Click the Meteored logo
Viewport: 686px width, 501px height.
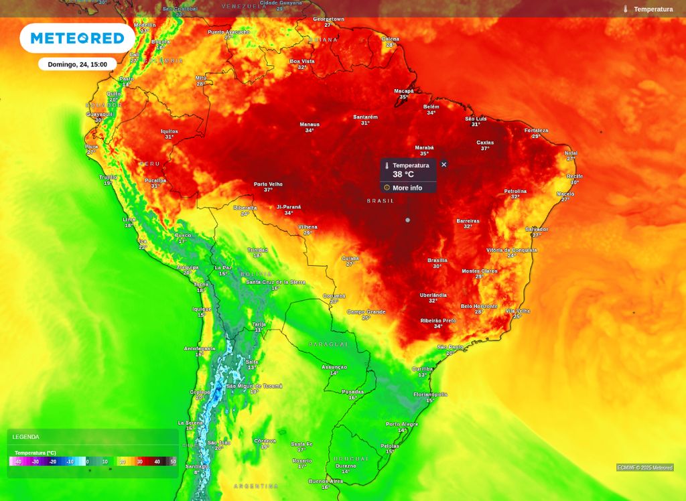coord(77,38)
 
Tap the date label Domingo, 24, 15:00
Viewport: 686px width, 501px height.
coord(77,64)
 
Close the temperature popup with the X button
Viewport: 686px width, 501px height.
coord(443,164)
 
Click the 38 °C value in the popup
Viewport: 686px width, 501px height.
coord(403,174)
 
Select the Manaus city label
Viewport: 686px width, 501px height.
coord(310,125)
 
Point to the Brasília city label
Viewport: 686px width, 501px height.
coord(437,260)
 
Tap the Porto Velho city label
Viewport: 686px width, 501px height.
coord(268,184)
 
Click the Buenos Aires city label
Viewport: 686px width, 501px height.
coord(326,481)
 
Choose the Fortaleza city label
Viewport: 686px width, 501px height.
coord(536,131)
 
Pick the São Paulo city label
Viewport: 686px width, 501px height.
coord(451,347)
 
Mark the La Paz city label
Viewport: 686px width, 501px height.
coord(223,268)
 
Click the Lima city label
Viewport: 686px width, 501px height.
coord(129,219)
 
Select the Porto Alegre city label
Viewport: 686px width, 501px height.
coord(402,424)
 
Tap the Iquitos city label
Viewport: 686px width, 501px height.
coord(169,131)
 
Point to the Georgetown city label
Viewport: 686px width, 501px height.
coord(328,19)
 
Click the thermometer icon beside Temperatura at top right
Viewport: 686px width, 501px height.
coord(626,9)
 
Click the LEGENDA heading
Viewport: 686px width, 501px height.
coord(26,437)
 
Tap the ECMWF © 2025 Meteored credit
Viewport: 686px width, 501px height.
coord(644,468)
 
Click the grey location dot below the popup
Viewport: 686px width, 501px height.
coord(407,220)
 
